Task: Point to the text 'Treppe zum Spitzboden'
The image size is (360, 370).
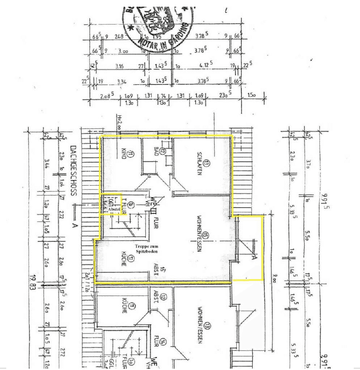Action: pyautogui.click(x=147, y=249)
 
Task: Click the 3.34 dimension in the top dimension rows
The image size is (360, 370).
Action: pyautogui.click(x=121, y=82)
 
